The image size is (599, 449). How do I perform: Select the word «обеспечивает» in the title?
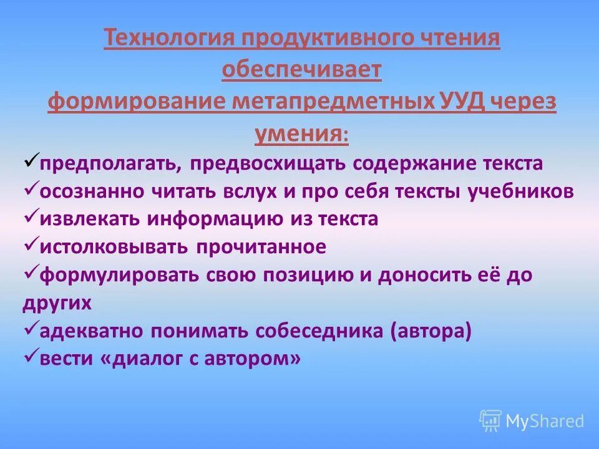point(301,70)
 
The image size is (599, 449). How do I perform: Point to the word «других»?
point(57,303)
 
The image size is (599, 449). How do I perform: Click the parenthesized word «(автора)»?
point(431,331)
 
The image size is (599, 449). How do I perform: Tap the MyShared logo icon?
point(490,420)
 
